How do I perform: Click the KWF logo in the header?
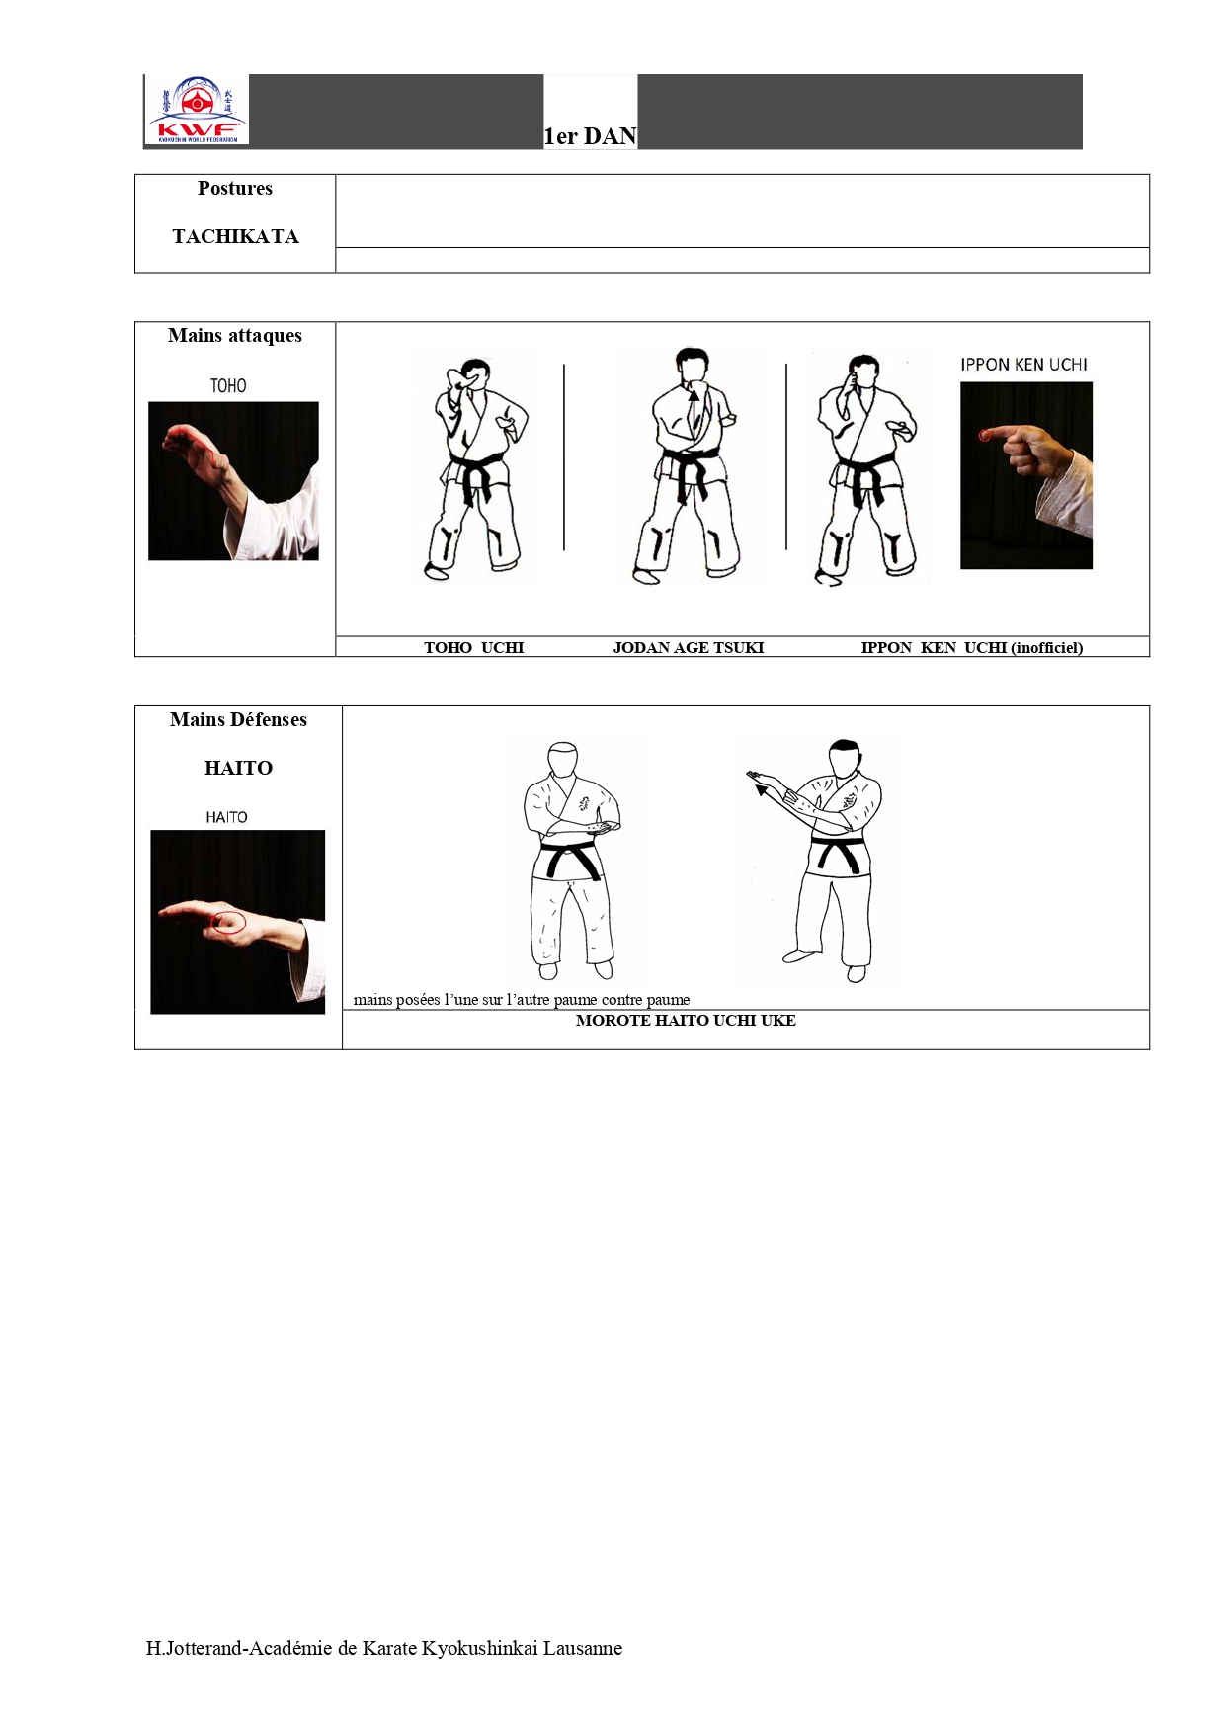(198, 110)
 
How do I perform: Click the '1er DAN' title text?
(591, 136)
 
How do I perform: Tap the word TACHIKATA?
(235, 236)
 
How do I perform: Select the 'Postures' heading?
(235, 188)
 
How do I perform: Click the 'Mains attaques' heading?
(235, 336)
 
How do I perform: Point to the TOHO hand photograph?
(233, 481)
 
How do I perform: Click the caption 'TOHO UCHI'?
(474, 648)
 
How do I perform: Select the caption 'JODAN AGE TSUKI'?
(689, 648)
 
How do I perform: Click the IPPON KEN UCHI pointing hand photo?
(1026, 475)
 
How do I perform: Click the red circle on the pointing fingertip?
(984, 435)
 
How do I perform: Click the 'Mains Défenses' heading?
(238, 720)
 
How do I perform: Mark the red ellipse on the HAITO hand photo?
(229, 923)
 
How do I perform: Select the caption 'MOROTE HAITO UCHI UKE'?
(686, 1021)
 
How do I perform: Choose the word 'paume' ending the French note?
(669, 1000)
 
